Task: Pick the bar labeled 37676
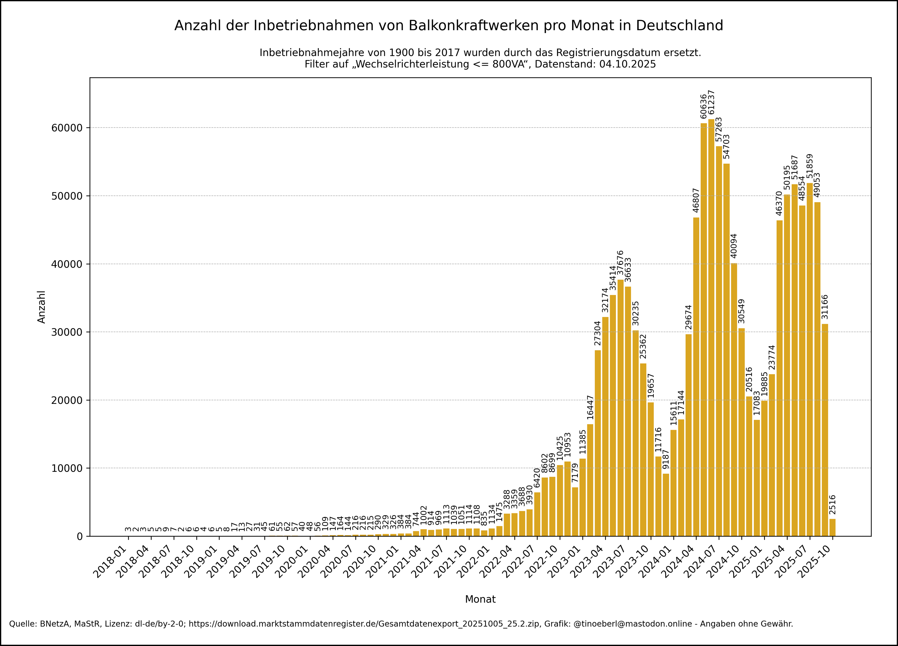[620, 408]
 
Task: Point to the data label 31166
[825, 307]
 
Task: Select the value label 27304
[597, 333]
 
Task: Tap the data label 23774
[772, 357]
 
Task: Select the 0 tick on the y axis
[80, 536]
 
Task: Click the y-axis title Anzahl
[42, 307]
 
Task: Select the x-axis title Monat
[480, 599]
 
